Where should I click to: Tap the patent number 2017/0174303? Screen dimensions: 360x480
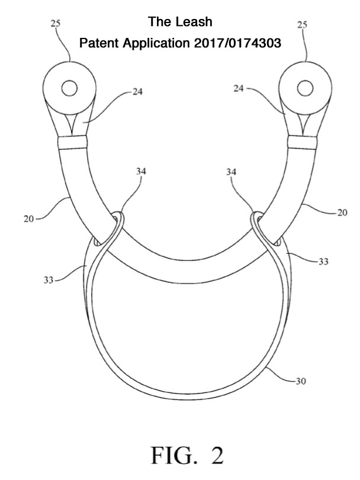[237, 43]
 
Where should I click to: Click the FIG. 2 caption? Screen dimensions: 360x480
[187, 456]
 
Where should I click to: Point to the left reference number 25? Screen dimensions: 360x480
[56, 23]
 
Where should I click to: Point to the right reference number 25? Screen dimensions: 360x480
[302, 24]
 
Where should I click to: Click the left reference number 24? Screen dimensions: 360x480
[137, 92]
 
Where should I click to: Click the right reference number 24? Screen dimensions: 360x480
[239, 88]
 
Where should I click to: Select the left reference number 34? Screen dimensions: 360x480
[141, 172]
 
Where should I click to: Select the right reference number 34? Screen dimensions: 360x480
[231, 172]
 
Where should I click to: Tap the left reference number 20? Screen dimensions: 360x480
[28, 219]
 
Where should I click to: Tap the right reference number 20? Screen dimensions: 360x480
[343, 212]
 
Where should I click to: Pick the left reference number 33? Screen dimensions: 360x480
[48, 280]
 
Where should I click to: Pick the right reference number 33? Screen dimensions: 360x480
[323, 262]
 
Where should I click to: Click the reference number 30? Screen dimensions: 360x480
[301, 381]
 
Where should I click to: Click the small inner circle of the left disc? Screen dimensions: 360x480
[69, 88]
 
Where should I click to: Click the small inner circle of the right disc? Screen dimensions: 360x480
[305, 88]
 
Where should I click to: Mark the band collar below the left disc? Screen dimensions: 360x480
[73, 143]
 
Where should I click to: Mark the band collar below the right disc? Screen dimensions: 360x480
[303, 143]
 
